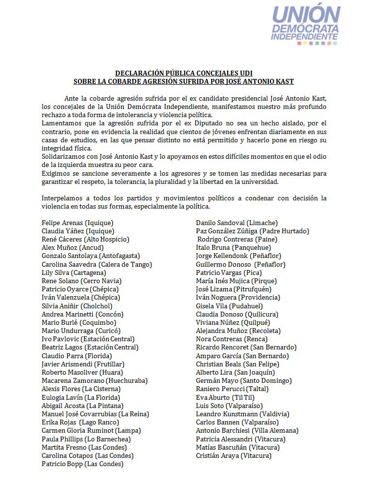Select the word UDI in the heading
pyautogui.click(x=244, y=73)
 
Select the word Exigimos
pyautogui.click(x=57, y=173)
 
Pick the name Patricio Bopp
pyautogui.click(x=62, y=464)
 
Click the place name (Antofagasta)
pyautogui.click(x=119, y=256)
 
